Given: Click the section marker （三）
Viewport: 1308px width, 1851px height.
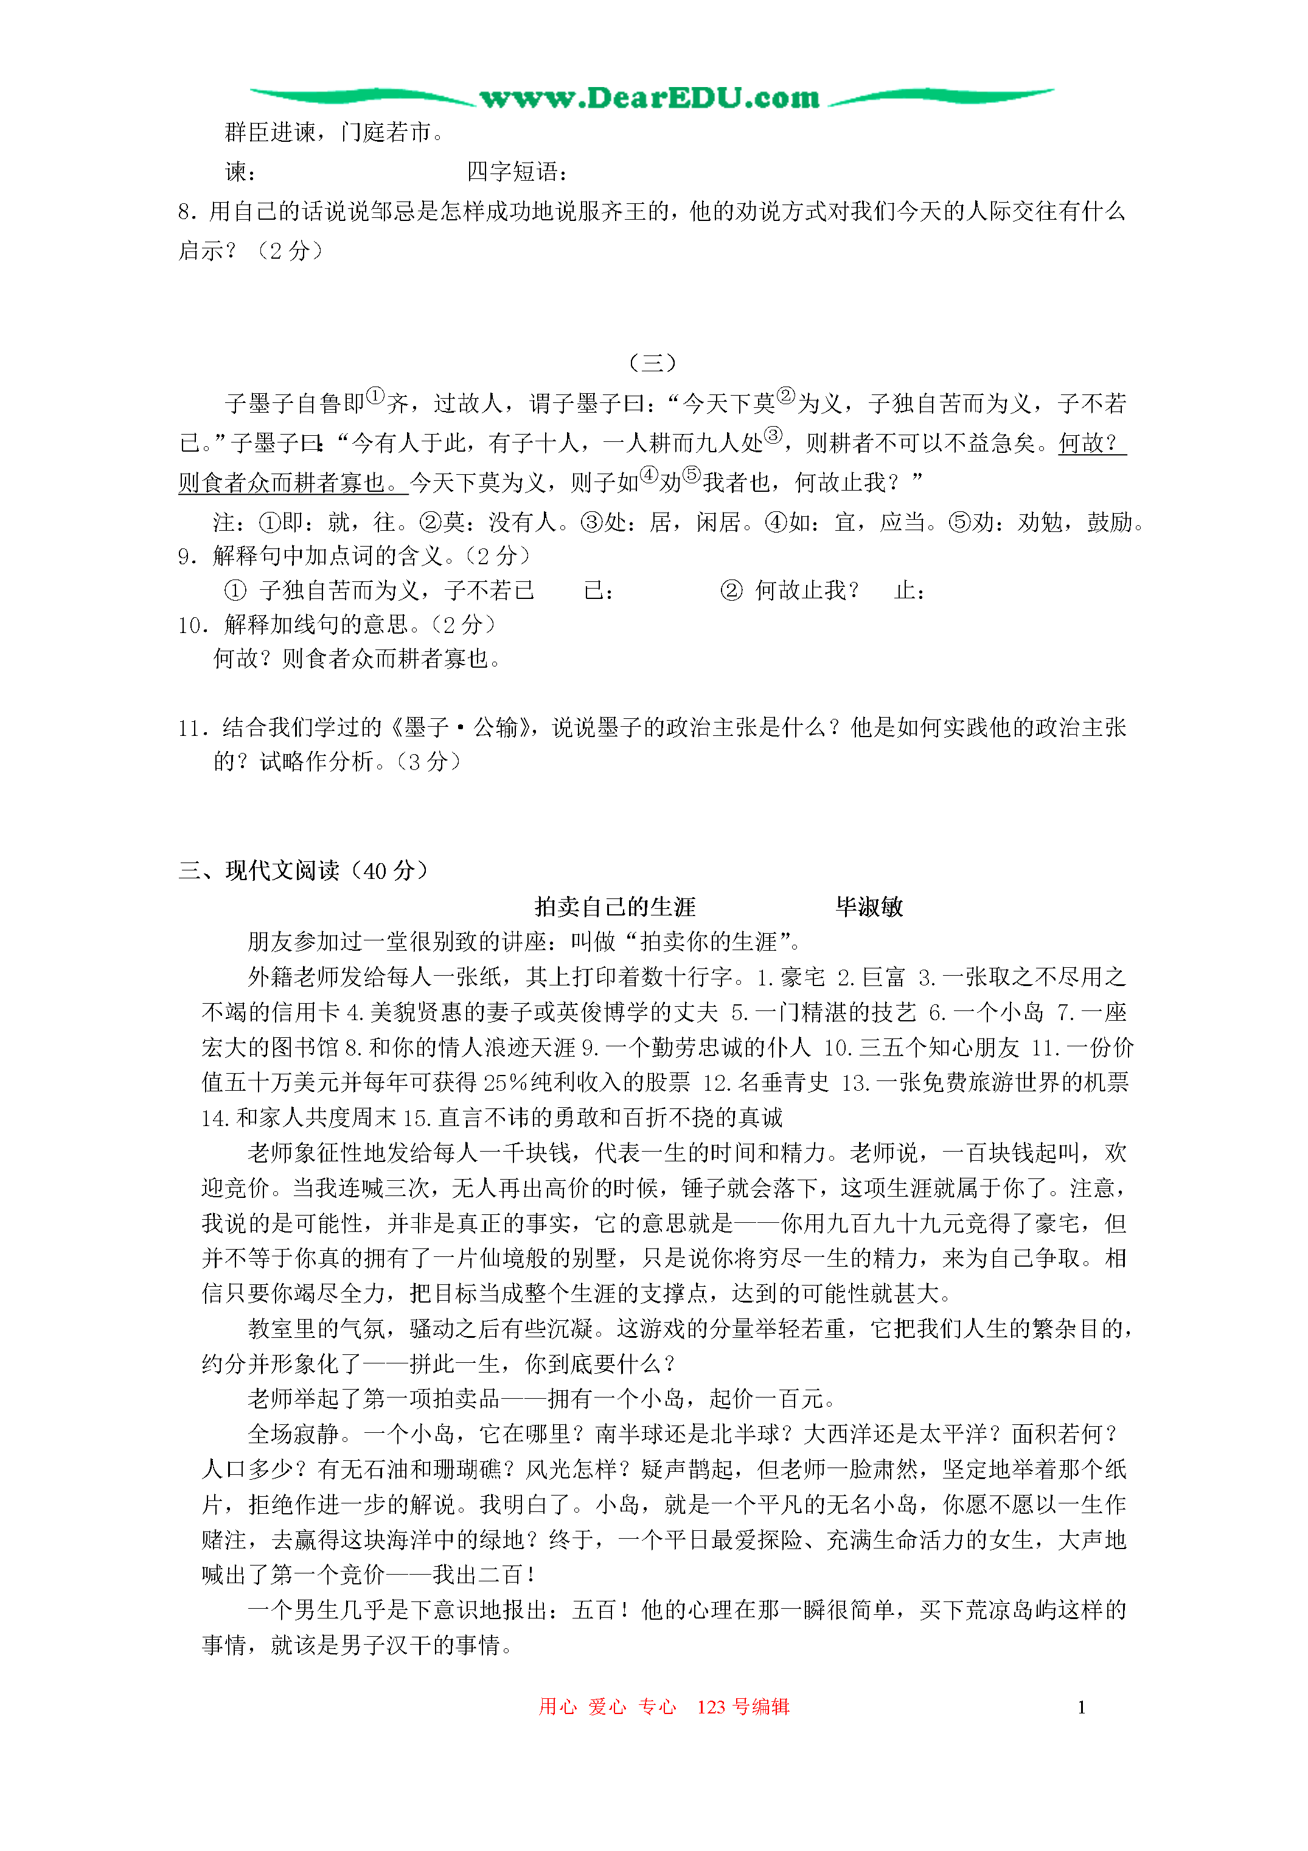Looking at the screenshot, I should (652, 363).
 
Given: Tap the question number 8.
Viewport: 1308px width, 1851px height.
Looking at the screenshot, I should (187, 212).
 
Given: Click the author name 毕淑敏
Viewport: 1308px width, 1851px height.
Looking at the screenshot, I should (869, 907).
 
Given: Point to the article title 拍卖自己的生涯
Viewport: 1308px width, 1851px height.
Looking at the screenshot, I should (615, 907).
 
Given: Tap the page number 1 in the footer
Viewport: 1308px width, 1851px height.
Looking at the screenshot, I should (1080, 1707).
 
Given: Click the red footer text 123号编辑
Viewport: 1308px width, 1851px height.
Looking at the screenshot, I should (743, 1707).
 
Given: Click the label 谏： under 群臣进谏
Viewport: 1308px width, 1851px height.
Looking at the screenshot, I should (241, 172).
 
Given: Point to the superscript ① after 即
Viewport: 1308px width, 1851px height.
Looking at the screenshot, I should (375, 396).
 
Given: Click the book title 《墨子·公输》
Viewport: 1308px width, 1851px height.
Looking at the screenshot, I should (466, 728).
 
